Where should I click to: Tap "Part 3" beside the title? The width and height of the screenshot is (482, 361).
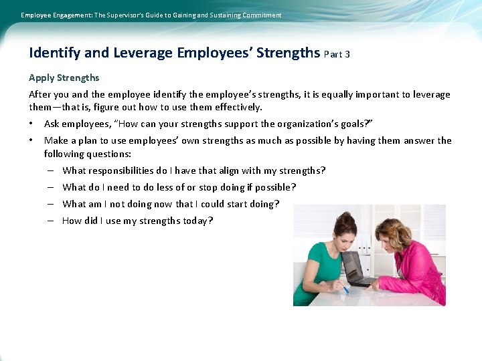coord(337,54)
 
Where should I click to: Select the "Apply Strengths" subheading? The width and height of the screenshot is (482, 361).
coord(64,78)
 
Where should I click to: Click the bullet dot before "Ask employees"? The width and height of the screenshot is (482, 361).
coord(31,124)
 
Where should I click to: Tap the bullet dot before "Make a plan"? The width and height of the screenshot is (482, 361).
coord(31,140)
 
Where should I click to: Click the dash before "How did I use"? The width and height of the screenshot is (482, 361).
coord(50,221)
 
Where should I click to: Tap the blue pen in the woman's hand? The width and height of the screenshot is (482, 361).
coord(344,288)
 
